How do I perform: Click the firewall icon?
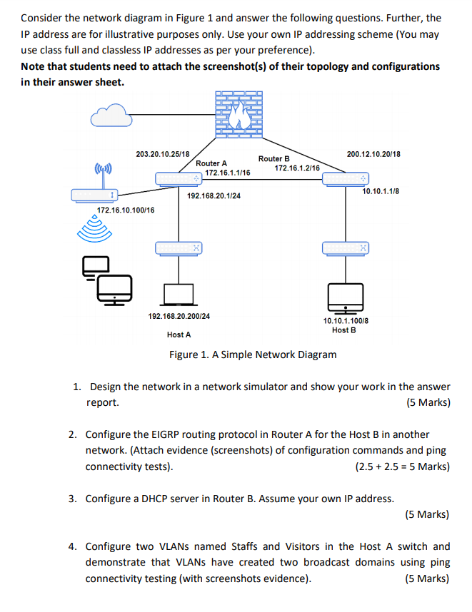[238, 114]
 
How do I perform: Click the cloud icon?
[111, 115]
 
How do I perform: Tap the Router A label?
[211, 163]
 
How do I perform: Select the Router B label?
[274, 158]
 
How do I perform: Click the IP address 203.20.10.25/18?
[163, 154]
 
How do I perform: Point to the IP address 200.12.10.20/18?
[373, 154]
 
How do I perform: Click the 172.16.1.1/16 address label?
[228, 173]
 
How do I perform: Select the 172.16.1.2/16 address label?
[297, 168]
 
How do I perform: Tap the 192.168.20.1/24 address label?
[214, 195]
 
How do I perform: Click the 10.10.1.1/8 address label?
[381, 191]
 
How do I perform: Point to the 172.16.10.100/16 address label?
[126, 210]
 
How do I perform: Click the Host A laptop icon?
[179, 295]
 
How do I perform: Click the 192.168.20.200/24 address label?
[179, 316]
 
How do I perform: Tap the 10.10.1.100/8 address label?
[346, 321]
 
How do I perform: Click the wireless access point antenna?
[103, 175]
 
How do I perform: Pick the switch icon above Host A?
[179, 248]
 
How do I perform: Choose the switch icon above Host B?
[346, 248]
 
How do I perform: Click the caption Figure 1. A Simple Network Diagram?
[253, 355]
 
